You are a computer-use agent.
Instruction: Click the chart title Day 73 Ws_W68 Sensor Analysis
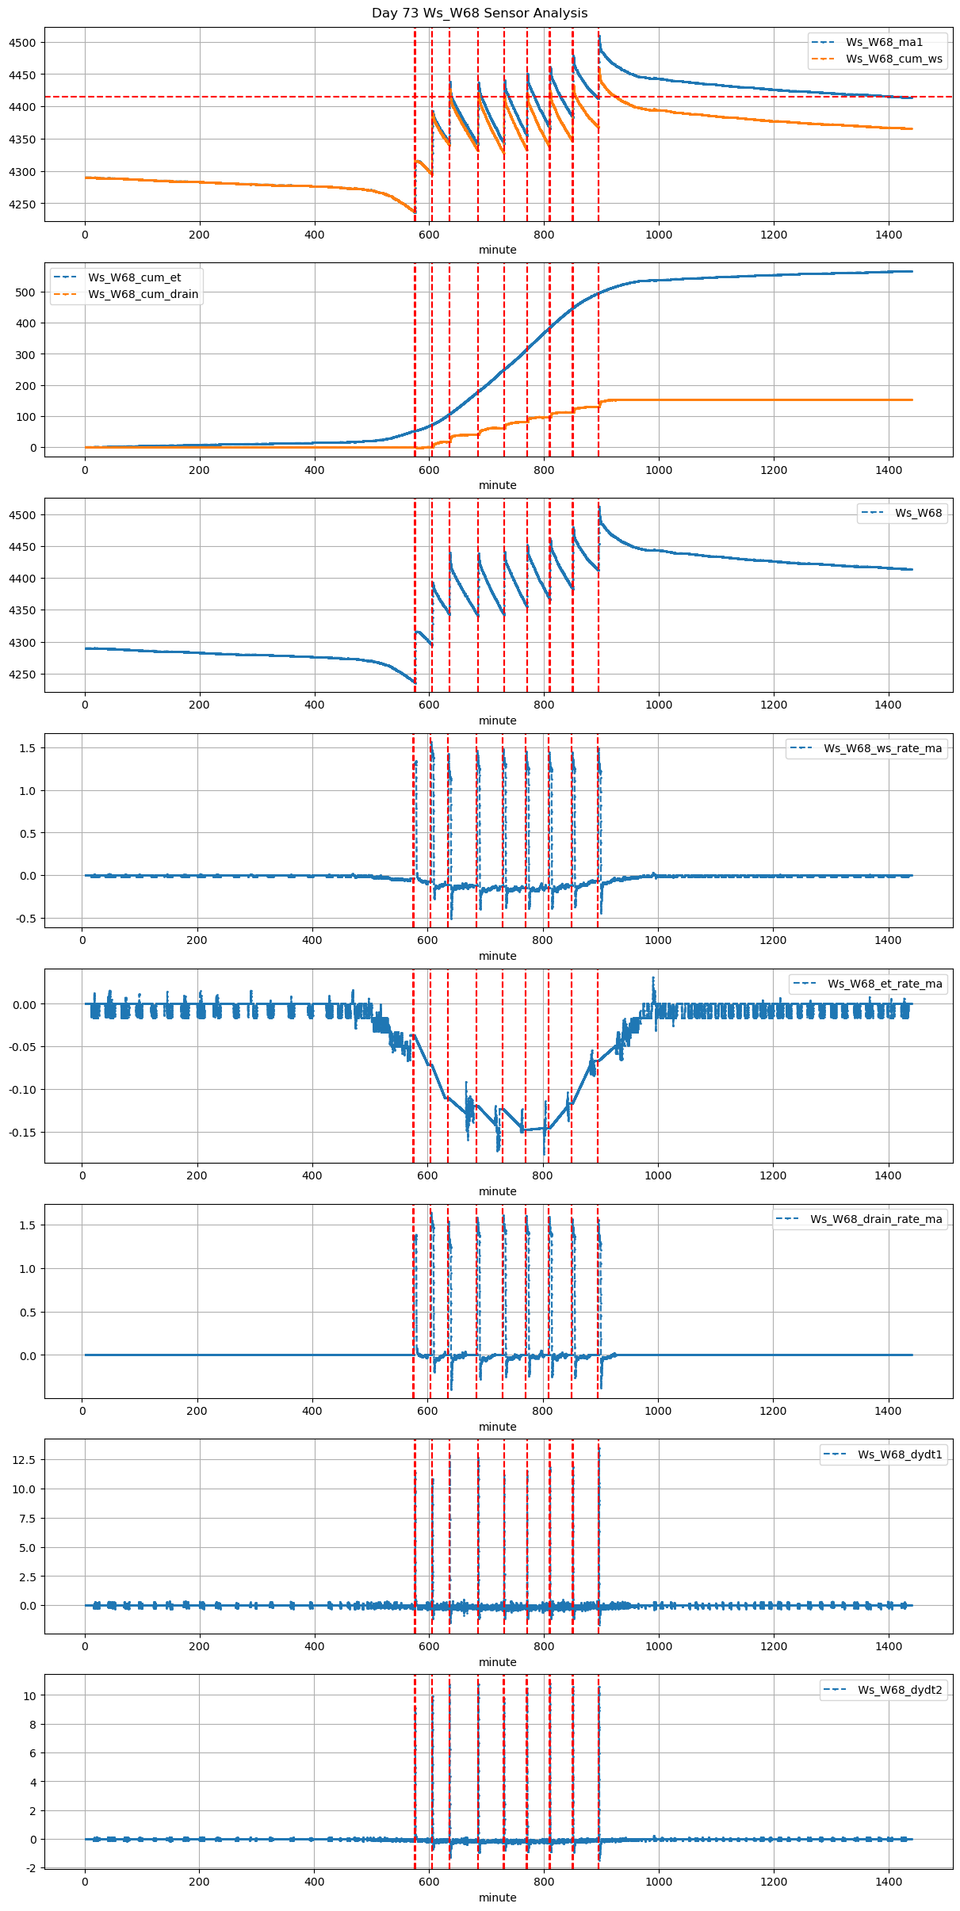click(480, 13)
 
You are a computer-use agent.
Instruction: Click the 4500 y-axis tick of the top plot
click(22, 43)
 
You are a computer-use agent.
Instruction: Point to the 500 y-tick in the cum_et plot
click(26, 292)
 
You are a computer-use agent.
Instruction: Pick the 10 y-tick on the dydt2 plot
click(29, 1696)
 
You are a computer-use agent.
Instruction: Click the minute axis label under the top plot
click(497, 250)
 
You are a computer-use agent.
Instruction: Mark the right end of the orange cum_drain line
click(912, 400)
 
